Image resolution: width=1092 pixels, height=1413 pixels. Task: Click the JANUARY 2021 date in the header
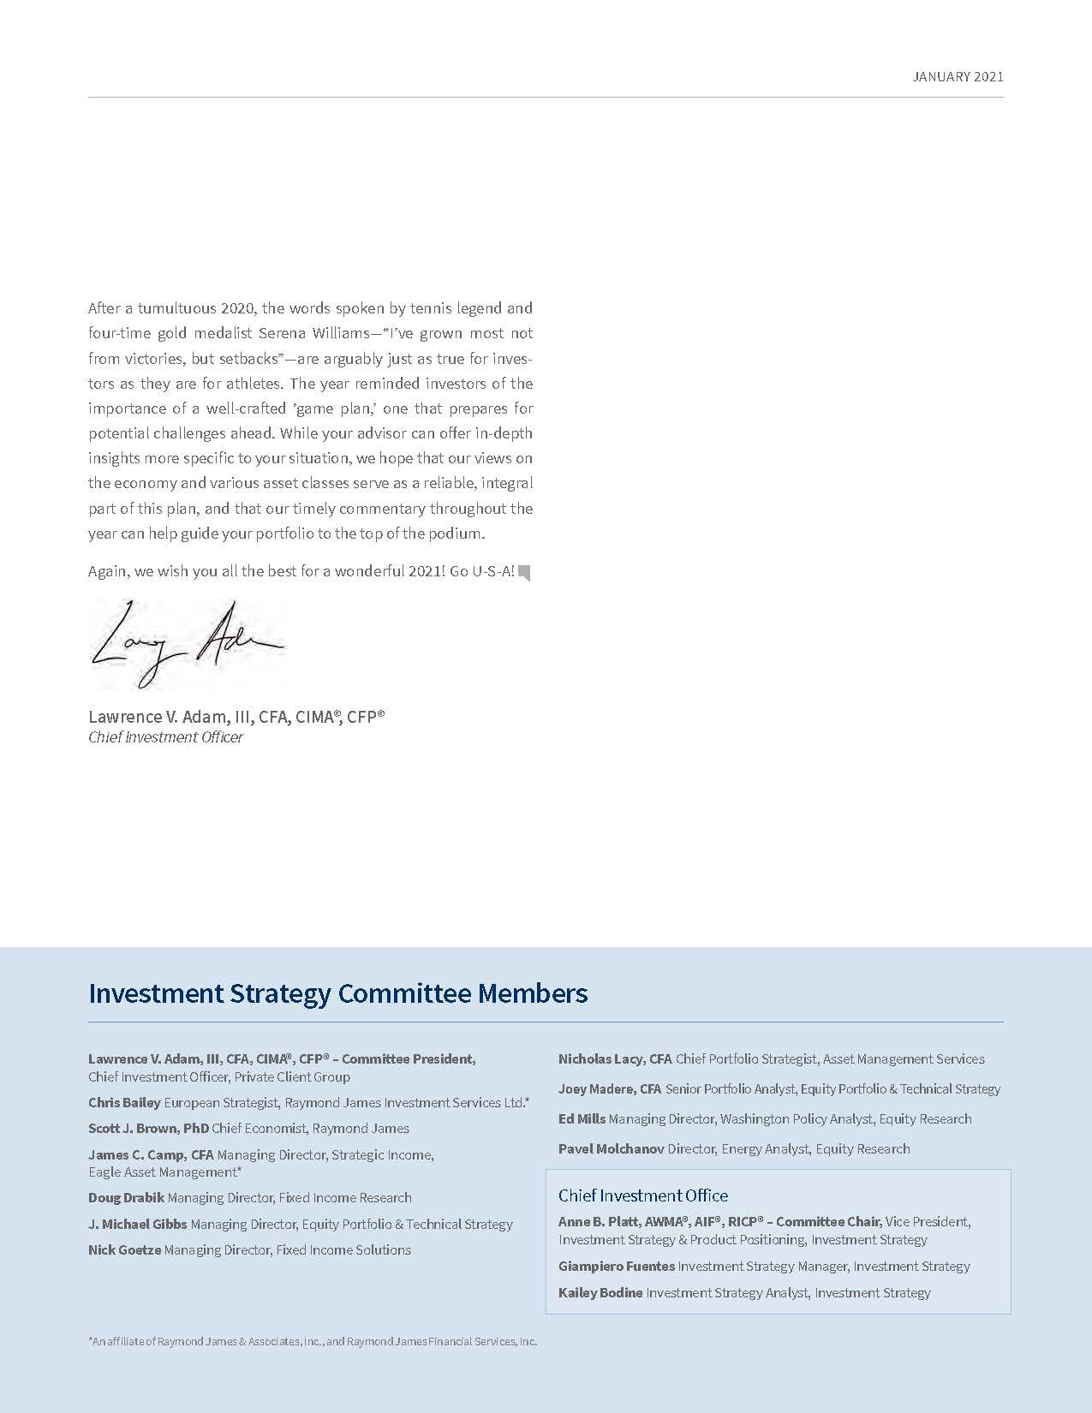click(x=958, y=77)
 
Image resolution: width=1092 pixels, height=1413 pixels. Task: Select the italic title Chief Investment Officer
click(x=165, y=737)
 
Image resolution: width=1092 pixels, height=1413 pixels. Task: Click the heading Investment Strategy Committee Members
click(x=338, y=993)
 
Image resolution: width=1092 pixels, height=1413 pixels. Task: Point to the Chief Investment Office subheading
click(x=643, y=1195)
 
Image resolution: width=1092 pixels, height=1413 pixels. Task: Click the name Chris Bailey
click(x=124, y=1103)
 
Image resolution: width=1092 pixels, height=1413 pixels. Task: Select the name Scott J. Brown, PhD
click(x=148, y=1129)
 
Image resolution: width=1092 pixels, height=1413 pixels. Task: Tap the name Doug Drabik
click(x=126, y=1198)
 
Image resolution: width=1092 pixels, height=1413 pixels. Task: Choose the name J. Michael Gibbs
click(x=137, y=1225)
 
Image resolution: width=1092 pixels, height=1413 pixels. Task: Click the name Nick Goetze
click(x=124, y=1250)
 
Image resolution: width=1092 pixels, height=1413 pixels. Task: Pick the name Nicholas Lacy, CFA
click(x=615, y=1059)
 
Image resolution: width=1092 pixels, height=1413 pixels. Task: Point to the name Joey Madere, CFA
click(x=610, y=1089)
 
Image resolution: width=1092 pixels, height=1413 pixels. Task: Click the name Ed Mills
click(x=582, y=1119)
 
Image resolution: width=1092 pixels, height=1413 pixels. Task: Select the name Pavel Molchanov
click(x=611, y=1149)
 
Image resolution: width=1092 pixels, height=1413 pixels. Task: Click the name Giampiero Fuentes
click(x=617, y=1267)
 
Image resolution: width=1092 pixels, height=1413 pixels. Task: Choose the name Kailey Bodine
click(x=600, y=1293)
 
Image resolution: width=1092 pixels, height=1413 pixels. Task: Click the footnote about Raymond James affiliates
click(x=313, y=1342)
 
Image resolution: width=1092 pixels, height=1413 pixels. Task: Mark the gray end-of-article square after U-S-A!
click(x=524, y=573)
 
